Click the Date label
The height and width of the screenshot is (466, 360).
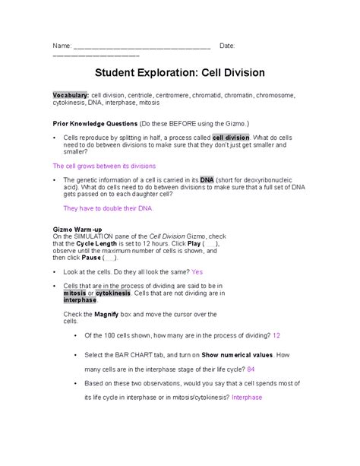(x=227, y=46)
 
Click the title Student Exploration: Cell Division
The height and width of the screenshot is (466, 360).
(x=179, y=74)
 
